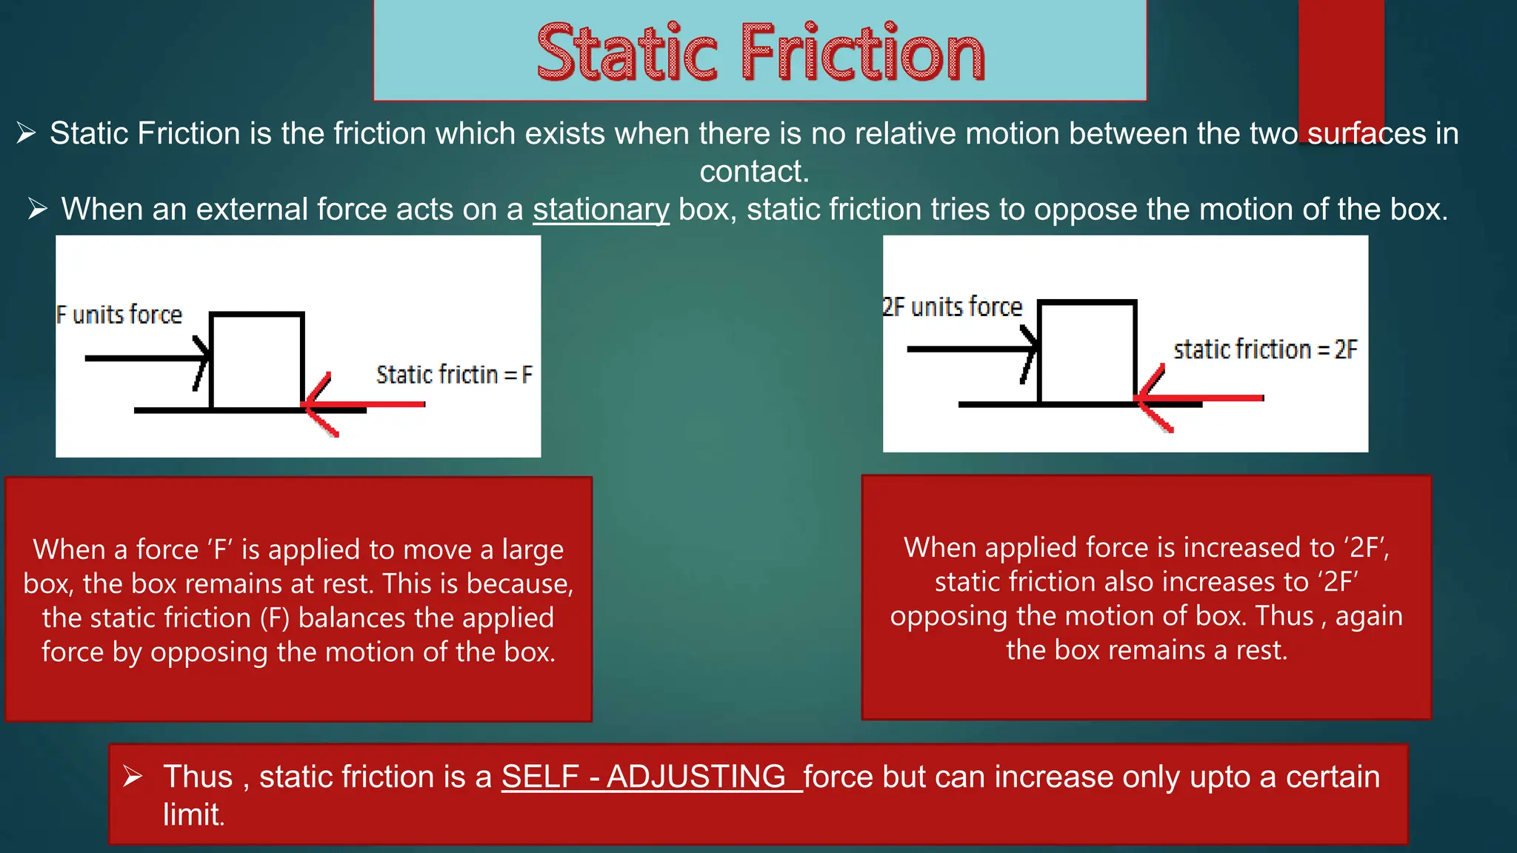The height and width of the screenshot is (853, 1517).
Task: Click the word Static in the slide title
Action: click(627, 53)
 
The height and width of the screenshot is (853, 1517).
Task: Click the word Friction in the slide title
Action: click(863, 53)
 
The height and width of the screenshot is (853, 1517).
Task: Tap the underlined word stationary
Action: click(601, 210)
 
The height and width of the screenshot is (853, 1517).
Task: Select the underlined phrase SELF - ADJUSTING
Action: click(644, 777)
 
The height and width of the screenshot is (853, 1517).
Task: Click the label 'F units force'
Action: click(119, 315)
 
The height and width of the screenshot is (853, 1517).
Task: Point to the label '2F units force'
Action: click(953, 307)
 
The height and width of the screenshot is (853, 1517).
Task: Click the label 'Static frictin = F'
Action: click(454, 375)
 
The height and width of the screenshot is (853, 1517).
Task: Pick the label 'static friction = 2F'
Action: click(1265, 349)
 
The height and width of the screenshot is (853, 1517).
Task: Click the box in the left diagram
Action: click(257, 361)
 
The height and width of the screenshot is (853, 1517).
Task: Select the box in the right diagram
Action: click(1087, 352)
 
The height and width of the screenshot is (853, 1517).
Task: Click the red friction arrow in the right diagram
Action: click(1200, 398)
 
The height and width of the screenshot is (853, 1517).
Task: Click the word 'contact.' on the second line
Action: click(754, 172)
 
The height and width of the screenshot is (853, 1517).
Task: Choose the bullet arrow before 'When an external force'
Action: click(38, 210)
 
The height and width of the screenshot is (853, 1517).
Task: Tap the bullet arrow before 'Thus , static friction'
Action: click(133, 777)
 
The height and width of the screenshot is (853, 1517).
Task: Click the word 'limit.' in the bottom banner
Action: click(193, 815)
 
